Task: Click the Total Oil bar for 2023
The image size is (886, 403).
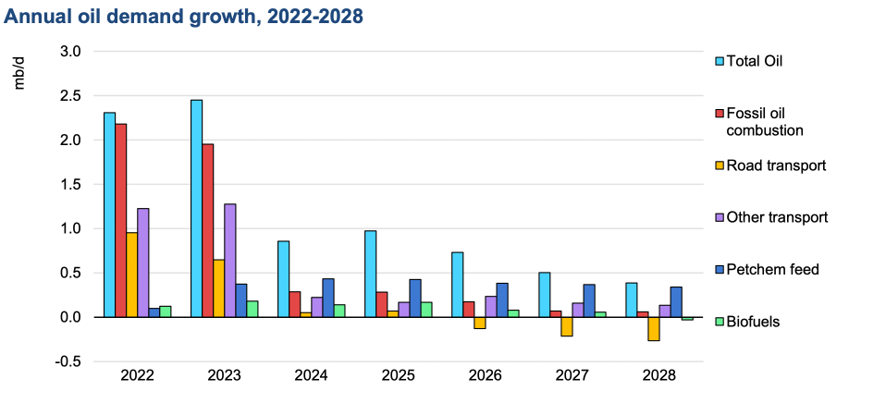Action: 197,208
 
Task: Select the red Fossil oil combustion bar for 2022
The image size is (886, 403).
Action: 121,220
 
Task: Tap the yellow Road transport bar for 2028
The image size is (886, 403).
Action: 654,328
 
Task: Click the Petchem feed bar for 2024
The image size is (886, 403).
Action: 328,298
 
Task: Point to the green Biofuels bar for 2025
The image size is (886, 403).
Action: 426,310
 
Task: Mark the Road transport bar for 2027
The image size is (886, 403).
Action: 567,326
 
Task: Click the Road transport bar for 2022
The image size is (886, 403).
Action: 131,275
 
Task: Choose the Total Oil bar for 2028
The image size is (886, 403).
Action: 632,299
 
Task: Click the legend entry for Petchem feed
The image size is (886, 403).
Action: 767,269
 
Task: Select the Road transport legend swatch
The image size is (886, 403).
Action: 719,165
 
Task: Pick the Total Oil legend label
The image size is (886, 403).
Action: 755,61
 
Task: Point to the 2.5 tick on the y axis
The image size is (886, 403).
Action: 71,96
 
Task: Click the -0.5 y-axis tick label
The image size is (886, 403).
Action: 68,361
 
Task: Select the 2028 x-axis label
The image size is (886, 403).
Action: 659,376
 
